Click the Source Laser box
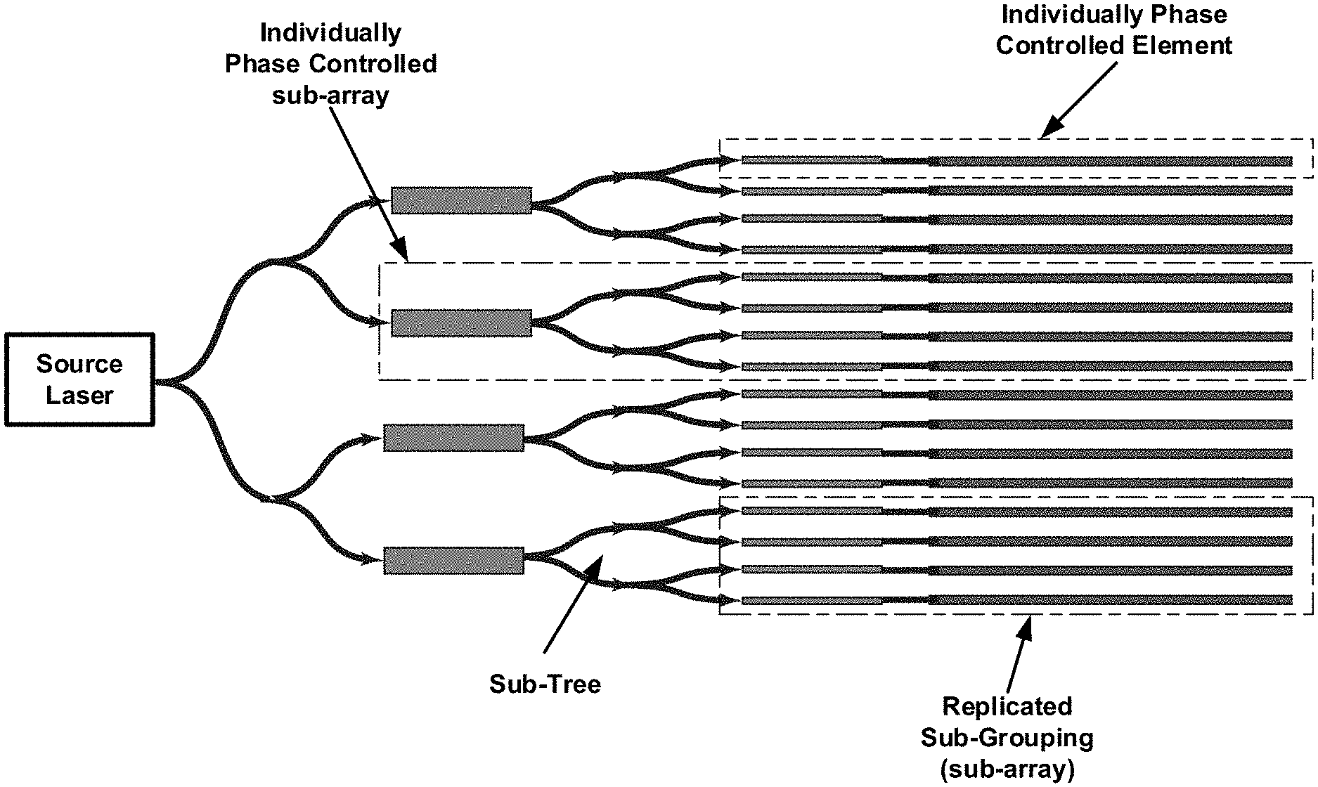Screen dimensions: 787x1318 [x=79, y=379]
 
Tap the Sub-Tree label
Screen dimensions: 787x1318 [x=545, y=684]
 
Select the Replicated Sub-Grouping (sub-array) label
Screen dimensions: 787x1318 [x=1007, y=738]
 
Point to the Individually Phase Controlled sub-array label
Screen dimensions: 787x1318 [x=330, y=63]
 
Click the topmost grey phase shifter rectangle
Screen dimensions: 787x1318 [x=460, y=200]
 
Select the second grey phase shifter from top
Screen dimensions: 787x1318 [x=460, y=323]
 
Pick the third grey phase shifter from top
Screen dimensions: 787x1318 [x=453, y=438]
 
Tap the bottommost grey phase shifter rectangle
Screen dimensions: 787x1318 [x=453, y=560]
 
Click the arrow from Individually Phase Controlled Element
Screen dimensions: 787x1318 [x=1079, y=100]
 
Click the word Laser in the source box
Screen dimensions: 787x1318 [x=79, y=395]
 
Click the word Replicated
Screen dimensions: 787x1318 [x=1007, y=706]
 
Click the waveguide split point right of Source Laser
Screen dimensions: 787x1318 [x=169, y=382]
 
